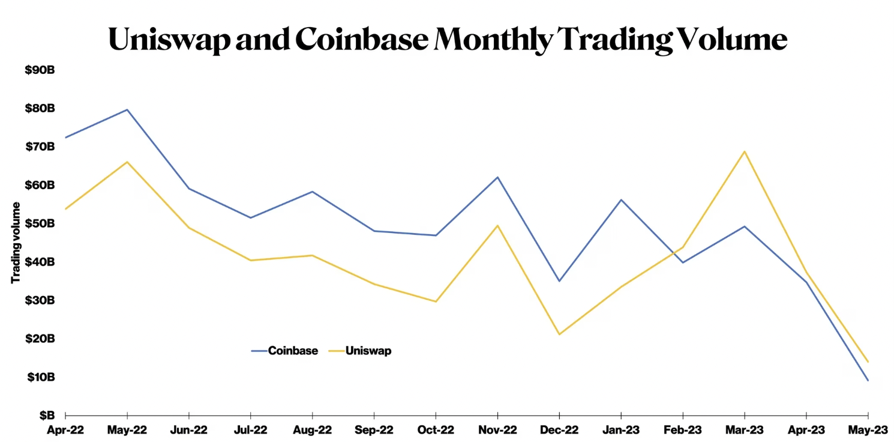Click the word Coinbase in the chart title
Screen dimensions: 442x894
[x=362, y=38]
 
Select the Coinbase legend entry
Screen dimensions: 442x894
[x=293, y=351]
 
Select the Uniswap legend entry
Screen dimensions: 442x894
[x=368, y=351]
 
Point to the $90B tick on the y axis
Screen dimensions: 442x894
[x=40, y=70]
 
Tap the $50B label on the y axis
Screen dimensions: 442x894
[x=40, y=223]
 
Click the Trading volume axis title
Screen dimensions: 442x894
[x=16, y=242]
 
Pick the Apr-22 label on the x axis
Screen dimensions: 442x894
[x=65, y=430]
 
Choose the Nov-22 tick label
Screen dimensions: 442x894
[x=497, y=430]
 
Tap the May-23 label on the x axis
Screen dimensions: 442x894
[x=868, y=430]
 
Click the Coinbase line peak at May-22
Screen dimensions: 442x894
[x=127, y=109]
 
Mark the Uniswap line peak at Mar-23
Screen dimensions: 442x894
[x=745, y=151]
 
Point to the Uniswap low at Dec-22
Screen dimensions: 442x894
[x=559, y=335]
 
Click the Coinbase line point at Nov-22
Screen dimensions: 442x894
[x=497, y=177]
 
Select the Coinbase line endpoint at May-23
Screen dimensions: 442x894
[x=868, y=380]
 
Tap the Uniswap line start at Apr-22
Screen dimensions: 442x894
[x=65, y=209]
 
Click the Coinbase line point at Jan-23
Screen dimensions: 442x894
[x=621, y=199]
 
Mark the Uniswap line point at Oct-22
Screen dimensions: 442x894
[x=436, y=301]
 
